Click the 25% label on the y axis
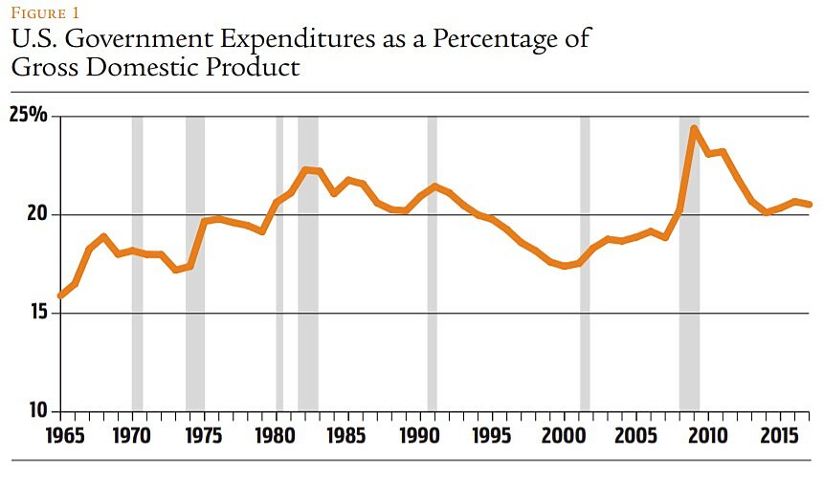point(28,117)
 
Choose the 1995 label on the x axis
point(491,435)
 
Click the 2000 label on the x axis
point(563,435)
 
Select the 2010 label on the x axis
point(706,435)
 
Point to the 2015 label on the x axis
point(778,435)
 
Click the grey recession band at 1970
point(137,263)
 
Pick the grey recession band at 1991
point(432,263)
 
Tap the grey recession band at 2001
point(585,263)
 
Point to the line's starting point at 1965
point(60,295)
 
